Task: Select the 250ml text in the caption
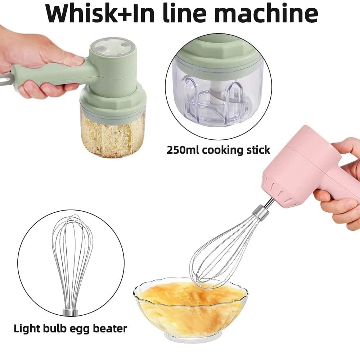point(183,150)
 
